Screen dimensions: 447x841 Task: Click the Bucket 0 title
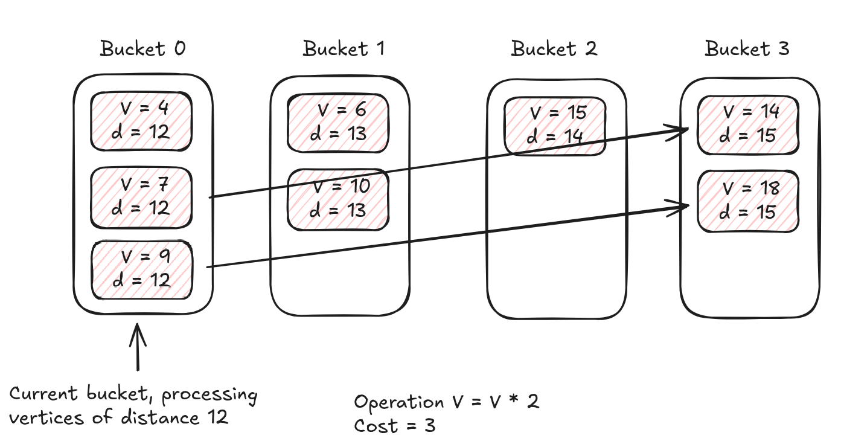point(143,48)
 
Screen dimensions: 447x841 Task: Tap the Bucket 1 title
point(344,48)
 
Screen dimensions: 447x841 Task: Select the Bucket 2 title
point(554,48)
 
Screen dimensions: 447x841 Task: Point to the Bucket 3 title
point(747,48)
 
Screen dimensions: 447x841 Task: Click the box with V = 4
point(142,121)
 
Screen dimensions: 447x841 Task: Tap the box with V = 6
point(338,123)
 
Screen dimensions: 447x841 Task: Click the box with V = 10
point(338,199)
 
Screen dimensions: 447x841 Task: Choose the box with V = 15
point(554,125)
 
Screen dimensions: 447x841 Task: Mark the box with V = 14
point(749,124)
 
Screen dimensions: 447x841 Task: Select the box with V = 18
point(749,201)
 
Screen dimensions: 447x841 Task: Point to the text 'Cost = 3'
point(394,426)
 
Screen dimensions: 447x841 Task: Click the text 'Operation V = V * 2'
point(446,402)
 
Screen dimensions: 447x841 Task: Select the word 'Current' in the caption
point(44,394)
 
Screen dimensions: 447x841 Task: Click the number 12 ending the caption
point(216,417)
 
